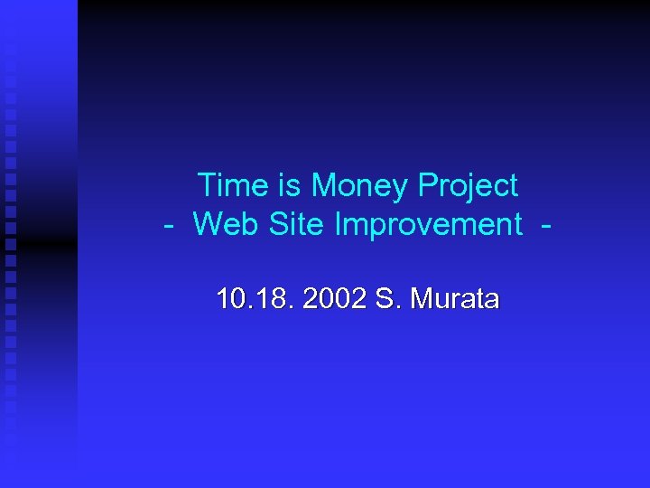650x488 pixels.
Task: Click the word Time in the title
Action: tap(233, 185)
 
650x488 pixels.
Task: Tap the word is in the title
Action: tap(290, 185)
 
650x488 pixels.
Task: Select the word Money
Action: tap(360, 187)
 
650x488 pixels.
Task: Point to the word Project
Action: tap(469, 187)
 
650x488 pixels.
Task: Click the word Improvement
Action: tap(429, 225)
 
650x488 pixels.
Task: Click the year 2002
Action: tap(335, 300)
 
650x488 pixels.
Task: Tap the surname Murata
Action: tap(453, 300)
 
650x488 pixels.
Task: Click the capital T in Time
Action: tap(207, 185)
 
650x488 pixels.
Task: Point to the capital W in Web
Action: tap(207, 223)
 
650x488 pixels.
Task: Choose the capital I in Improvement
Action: tap(339, 223)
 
